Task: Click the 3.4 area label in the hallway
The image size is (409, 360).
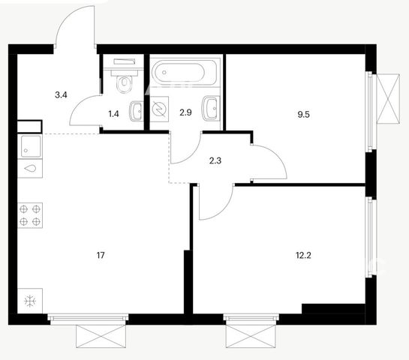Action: tap(61, 95)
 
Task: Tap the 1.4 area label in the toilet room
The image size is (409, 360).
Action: tap(114, 114)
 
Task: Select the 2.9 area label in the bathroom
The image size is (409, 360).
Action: tap(185, 112)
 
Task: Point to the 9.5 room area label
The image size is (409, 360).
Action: tap(304, 115)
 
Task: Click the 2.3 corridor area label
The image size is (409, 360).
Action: tap(215, 160)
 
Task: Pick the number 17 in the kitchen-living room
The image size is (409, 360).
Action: tap(101, 255)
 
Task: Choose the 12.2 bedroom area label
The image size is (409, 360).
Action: tap(304, 255)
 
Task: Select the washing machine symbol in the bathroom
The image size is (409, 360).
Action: tap(159, 109)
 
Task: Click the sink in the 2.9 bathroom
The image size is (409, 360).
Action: tap(211, 109)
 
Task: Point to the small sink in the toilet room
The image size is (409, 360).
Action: tap(136, 111)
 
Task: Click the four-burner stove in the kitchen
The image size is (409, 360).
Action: tap(30, 215)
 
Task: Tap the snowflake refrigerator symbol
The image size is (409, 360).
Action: tap(30, 301)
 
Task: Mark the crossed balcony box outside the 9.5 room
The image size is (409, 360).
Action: tap(389, 98)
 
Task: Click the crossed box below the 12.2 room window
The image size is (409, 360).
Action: tap(251, 336)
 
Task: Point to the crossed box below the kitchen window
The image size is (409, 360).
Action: tap(101, 336)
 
